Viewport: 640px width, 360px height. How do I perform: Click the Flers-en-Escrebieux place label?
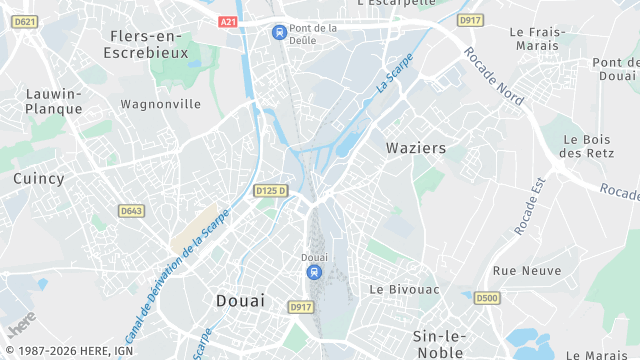tap(147, 43)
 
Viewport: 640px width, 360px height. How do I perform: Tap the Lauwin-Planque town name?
tap(54, 101)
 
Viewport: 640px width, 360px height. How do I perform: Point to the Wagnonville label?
tap(160, 104)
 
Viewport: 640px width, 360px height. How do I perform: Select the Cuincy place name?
tap(39, 179)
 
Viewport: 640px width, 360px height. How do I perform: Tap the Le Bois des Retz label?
tap(586, 146)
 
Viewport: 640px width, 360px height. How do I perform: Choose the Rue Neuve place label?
tap(526, 271)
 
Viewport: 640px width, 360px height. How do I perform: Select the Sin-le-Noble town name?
tap(437, 344)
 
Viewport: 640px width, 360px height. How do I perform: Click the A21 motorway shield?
tap(229, 21)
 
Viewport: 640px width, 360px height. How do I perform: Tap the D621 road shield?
tap(26, 21)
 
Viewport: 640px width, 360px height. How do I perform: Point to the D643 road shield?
tap(131, 211)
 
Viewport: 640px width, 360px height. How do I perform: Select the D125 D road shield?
tap(270, 190)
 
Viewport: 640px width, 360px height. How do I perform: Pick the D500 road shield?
tap(487, 298)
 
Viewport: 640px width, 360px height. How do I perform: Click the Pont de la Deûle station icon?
tap(278, 32)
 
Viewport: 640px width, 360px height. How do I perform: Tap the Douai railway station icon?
tap(315, 272)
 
